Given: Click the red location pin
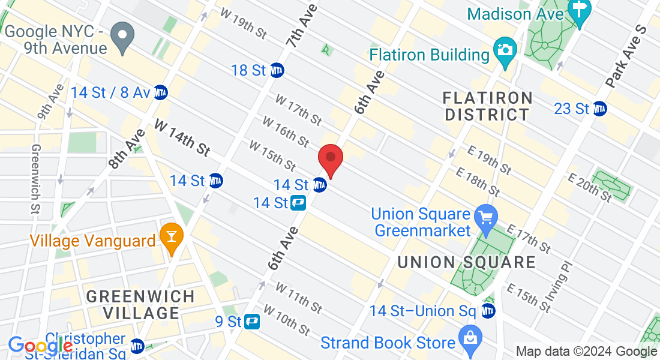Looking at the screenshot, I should coord(330,158).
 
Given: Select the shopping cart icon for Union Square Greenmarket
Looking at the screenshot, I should coord(484,215).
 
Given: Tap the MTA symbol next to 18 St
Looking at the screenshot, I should coord(277,70).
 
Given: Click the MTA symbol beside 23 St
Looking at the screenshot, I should coord(599,109).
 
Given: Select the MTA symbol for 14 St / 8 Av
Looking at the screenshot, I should coord(160,92).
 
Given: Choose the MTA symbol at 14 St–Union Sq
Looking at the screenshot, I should coord(488,311).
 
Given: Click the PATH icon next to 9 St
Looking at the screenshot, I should coord(251,322).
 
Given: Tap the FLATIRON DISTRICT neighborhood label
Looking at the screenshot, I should coord(487,106).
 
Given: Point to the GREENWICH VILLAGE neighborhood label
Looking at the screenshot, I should coord(140,305).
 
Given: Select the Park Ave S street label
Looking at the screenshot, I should coord(624,57).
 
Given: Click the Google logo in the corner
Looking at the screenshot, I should coord(40,346).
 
